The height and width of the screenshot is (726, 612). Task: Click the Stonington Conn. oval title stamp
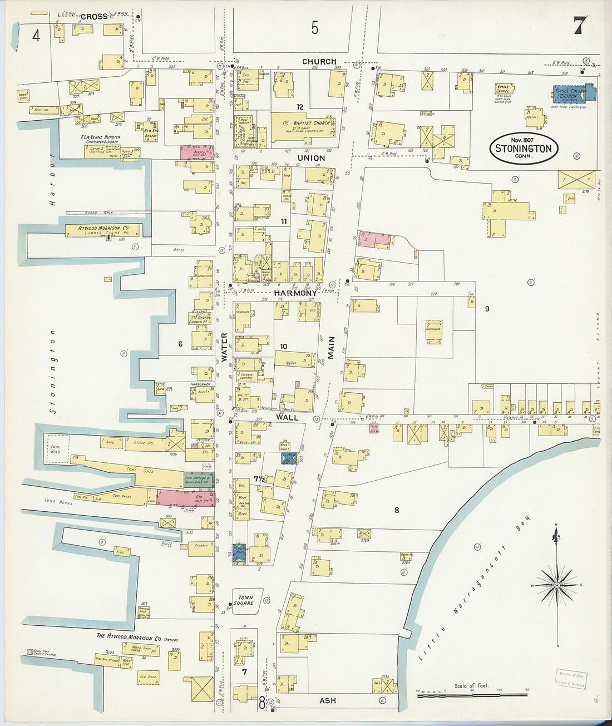point(524,148)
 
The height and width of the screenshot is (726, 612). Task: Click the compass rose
point(556,585)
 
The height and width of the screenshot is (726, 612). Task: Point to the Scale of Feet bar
point(472,693)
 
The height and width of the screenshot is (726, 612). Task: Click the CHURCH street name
point(319,62)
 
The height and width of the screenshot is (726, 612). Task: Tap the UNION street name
point(311,158)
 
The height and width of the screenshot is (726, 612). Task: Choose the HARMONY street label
point(295,293)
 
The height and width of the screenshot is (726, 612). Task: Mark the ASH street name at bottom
point(327,700)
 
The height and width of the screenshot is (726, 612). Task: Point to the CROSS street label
point(93,17)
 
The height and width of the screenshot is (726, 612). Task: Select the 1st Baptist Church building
point(303,126)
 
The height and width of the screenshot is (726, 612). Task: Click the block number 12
point(300,106)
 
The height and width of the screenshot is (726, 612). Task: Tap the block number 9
point(487,309)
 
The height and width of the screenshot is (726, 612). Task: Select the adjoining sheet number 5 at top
point(315,27)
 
